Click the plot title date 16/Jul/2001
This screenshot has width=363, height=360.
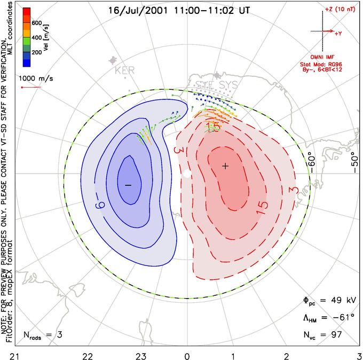(130, 10)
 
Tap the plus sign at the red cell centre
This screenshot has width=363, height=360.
(225, 166)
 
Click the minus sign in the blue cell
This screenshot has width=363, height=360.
(128, 184)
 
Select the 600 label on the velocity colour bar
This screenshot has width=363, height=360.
(37, 23)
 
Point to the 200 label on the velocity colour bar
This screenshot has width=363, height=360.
(37, 53)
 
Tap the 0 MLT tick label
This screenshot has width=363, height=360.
(187, 355)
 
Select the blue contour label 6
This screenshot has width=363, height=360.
(100, 202)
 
